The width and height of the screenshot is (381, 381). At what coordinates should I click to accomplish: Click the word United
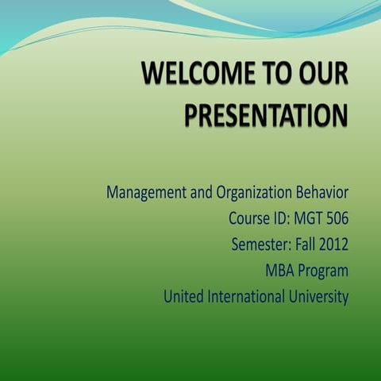(x=183, y=298)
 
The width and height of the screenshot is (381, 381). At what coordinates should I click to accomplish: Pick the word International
(x=246, y=298)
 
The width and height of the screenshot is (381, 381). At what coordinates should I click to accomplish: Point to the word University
(x=319, y=298)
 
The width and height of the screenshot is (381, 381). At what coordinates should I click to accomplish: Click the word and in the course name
(x=194, y=192)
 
